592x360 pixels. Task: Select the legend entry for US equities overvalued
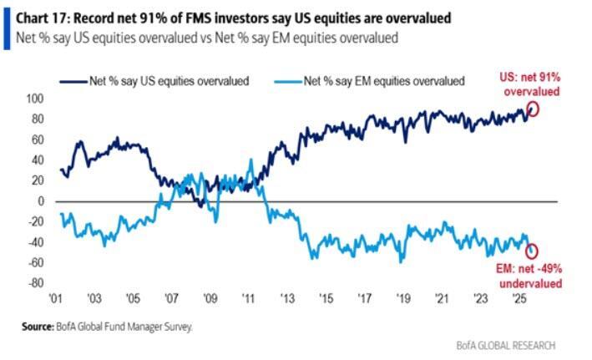[157, 80]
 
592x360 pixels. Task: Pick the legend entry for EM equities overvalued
[380, 80]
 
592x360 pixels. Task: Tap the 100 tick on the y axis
[33, 99]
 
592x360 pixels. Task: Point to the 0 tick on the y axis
[38, 201]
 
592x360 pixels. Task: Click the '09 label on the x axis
[210, 299]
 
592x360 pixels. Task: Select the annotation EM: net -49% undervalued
[529, 276]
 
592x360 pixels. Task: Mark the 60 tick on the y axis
[35, 139]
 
